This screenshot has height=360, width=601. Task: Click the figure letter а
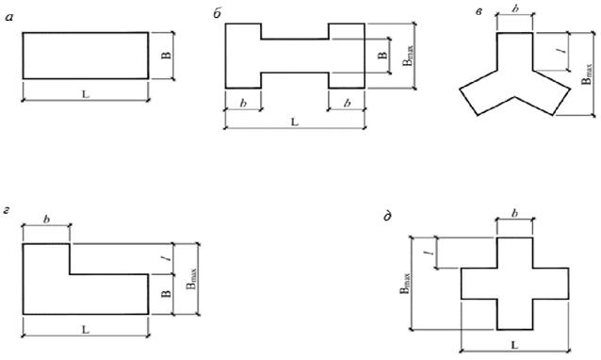pyautogui.click(x=9, y=17)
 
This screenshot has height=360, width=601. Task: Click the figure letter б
pyautogui.click(x=217, y=14)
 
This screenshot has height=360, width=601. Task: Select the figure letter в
pyautogui.click(x=479, y=12)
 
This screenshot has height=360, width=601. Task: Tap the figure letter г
pyautogui.click(x=7, y=210)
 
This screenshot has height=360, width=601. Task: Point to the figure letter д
pyautogui.click(x=387, y=217)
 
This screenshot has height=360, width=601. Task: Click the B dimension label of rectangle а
pyautogui.click(x=167, y=56)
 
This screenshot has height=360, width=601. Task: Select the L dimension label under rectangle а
pyautogui.click(x=86, y=94)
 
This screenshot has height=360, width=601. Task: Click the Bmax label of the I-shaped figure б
pyautogui.click(x=409, y=56)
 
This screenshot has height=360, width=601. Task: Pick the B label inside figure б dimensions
pyautogui.click(x=382, y=56)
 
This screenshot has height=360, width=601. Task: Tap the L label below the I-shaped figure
pyautogui.click(x=294, y=122)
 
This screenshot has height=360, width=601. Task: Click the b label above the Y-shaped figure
pyautogui.click(x=515, y=8)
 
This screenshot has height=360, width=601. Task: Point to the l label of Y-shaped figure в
pyautogui.click(x=563, y=52)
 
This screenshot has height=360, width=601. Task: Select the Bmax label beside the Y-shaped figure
pyautogui.click(x=587, y=74)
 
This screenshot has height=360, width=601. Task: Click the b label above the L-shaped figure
pyautogui.click(x=47, y=220)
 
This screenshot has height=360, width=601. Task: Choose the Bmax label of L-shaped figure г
pyautogui.click(x=191, y=279)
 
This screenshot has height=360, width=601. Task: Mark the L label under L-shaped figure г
pyautogui.click(x=86, y=329)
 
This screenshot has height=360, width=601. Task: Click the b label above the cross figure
pyautogui.click(x=515, y=213)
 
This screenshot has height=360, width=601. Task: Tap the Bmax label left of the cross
pyautogui.click(x=405, y=284)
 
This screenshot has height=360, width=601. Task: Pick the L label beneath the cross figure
pyautogui.click(x=514, y=345)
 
